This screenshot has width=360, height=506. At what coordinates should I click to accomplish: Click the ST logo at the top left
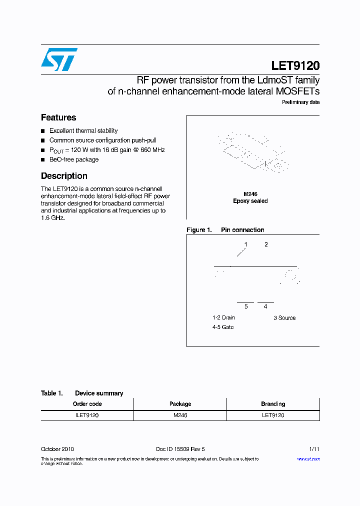59,59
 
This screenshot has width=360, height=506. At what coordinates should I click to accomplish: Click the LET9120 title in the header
295,65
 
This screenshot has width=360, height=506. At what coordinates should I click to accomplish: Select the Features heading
58,117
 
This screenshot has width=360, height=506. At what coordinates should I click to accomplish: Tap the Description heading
64,176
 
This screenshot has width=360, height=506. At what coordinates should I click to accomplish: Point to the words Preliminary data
300,102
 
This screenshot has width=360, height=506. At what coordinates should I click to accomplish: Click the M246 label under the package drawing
250,194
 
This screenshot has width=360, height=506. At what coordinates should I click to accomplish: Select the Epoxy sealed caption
250,201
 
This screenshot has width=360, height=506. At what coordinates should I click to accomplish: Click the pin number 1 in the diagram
245,244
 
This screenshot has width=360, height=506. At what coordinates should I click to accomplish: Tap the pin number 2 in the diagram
266,244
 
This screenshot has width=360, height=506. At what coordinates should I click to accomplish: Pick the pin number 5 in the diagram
246,306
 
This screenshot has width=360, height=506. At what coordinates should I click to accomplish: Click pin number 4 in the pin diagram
265,306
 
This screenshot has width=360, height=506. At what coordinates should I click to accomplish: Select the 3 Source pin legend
284,318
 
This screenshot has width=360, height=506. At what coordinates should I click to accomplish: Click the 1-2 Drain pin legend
223,317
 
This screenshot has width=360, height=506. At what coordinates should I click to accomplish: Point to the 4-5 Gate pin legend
223,327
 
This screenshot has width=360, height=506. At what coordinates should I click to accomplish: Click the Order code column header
87,404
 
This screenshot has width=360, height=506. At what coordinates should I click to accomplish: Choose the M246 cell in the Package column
180,415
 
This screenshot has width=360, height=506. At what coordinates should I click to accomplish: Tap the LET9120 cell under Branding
273,415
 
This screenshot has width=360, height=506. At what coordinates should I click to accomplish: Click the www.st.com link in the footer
308,459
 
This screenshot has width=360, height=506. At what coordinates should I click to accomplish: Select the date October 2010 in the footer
57,449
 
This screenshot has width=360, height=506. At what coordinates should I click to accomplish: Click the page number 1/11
314,449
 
